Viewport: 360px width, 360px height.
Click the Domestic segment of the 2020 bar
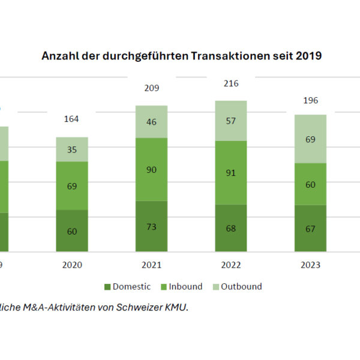click(x=72, y=230)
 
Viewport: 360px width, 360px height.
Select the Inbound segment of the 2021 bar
click(x=151, y=170)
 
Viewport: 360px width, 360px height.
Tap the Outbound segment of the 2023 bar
click(x=310, y=139)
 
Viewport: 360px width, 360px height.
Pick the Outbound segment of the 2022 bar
click(x=231, y=121)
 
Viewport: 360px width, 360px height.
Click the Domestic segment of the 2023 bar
click(x=310, y=228)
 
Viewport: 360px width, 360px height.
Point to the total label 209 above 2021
click(x=151, y=88)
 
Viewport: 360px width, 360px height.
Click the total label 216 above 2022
click(x=231, y=84)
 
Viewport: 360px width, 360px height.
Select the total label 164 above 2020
click(x=72, y=119)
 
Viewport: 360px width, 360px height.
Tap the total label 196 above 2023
click(x=310, y=100)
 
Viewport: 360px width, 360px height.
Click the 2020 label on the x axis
click(x=72, y=265)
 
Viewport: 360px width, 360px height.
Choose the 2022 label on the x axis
click(x=231, y=265)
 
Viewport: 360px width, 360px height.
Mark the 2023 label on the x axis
click(x=310, y=265)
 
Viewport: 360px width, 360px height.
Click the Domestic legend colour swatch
click(x=108, y=287)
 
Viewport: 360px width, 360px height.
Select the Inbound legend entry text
click(x=186, y=287)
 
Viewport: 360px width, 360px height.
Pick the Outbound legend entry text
click(x=241, y=287)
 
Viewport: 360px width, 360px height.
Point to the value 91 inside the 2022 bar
click(x=231, y=173)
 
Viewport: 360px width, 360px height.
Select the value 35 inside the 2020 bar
click(x=72, y=149)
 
